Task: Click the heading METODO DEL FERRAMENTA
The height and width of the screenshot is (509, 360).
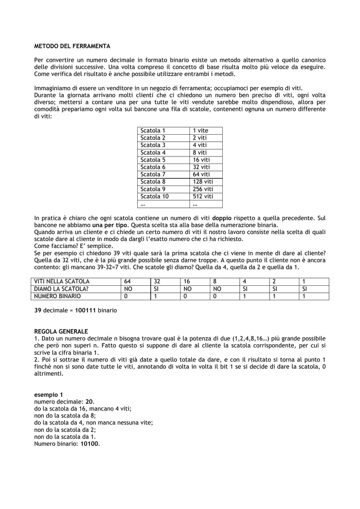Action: point(72,46)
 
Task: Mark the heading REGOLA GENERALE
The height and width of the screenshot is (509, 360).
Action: point(61,332)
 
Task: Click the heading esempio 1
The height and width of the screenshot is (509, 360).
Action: point(49,395)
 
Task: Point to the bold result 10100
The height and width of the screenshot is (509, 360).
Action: point(90,444)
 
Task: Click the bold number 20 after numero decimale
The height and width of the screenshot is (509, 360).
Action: point(90,401)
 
